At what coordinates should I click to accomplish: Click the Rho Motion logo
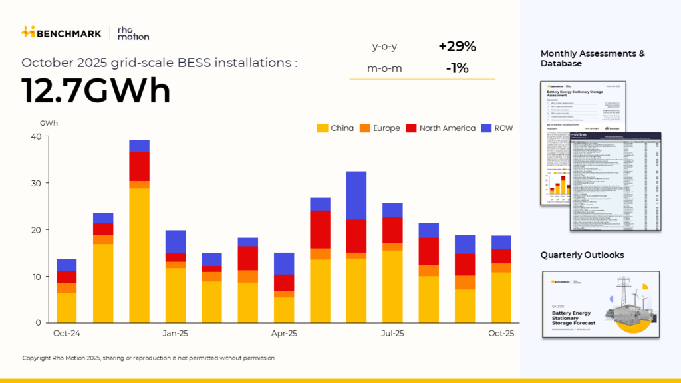[132, 33]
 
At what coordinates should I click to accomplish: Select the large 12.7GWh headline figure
[96, 90]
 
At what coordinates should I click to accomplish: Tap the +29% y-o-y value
[457, 47]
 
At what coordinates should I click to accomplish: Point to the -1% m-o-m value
[457, 68]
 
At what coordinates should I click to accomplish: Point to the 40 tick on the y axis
[35, 137]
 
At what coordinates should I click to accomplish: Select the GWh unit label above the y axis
[49, 123]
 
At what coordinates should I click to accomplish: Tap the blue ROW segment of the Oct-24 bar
[67, 265]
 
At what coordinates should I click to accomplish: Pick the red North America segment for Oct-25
[501, 256]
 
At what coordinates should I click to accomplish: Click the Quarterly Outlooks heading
[582, 255]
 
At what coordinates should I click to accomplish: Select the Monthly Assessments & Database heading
[593, 59]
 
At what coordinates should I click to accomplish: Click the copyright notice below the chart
[148, 358]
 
